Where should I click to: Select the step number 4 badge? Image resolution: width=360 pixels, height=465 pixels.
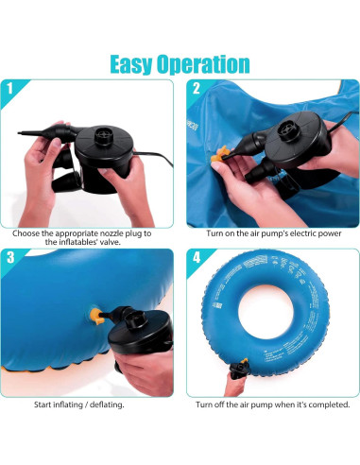tap(195, 257)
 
